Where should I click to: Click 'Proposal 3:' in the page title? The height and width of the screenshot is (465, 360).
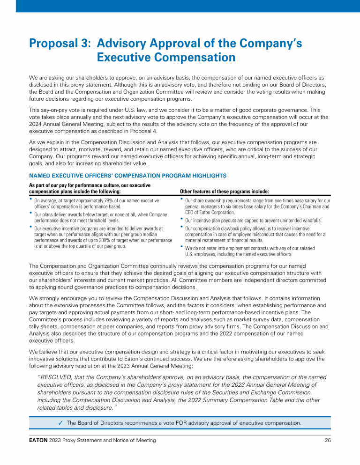pos(60,44)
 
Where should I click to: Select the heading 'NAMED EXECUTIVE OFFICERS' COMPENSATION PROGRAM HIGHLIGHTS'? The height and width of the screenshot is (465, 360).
pos(127,176)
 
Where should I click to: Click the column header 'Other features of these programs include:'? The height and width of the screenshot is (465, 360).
pos(225,192)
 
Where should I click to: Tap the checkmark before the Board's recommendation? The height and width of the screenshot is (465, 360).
pos(61,423)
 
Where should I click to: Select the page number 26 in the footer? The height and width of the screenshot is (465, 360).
pos(327,441)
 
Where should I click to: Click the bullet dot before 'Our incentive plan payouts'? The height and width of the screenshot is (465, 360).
pos(182,219)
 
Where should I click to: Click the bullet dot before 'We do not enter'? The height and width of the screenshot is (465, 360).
pos(182,246)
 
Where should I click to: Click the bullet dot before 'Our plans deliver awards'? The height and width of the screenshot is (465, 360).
pos(31,213)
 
